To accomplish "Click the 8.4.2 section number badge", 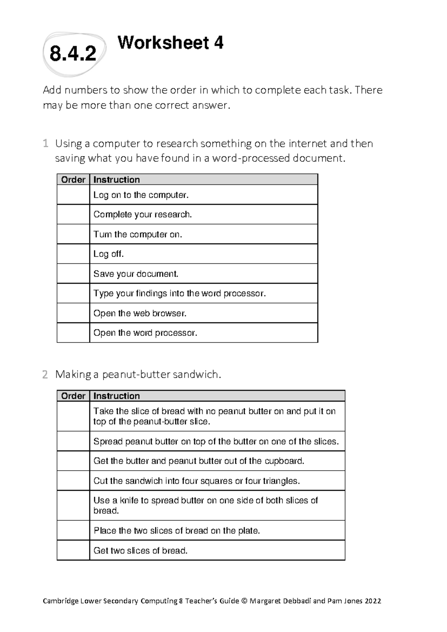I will pos(73,54).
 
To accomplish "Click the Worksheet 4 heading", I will pos(170,43).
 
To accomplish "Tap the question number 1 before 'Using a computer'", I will pos(45,143).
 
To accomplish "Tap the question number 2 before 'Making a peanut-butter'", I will pos(45,375).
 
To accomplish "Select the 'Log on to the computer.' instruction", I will pos(141,195).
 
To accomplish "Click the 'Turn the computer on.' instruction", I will pos(137,234).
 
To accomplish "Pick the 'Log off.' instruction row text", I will pos(108,254).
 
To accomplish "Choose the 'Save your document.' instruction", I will pos(136,274).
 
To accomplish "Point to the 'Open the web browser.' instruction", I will pos(140,313).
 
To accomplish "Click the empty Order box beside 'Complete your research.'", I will pos(73,215).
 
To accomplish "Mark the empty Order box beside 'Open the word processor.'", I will pos(73,333).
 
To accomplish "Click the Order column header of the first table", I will pos(73,180).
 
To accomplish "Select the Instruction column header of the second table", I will pos(117,396).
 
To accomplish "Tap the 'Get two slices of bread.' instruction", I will pos(140,550).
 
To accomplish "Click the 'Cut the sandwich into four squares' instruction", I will pos(196,481).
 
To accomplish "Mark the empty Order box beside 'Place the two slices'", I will pos(73,530).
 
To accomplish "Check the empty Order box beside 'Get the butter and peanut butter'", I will pos(73,461).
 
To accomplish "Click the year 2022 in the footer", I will pos(373,601).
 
